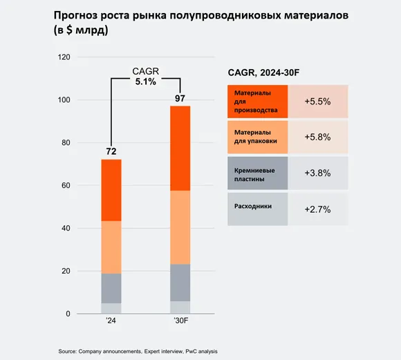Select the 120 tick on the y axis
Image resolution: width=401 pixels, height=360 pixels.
pos(64,57)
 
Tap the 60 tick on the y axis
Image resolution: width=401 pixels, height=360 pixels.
pos(66,186)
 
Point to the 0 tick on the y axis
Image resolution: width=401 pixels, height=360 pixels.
pos(68,314)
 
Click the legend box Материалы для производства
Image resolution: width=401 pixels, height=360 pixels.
pos(257,102)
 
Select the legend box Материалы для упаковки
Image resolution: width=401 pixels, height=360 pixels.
pos(257,137)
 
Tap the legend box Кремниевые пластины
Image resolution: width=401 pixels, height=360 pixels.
pos(257,173)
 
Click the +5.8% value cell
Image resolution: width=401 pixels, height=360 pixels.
pos(318,137)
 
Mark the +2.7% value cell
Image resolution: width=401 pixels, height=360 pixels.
pos(318,209)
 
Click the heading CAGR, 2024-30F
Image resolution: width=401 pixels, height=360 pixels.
pos(265,72)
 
